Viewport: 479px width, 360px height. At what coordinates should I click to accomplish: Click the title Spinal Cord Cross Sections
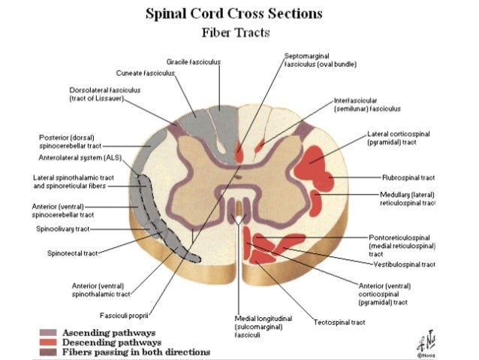point(239,14)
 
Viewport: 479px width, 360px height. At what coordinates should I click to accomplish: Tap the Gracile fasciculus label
point(194,60)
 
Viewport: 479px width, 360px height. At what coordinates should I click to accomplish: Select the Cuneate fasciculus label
point(145,73)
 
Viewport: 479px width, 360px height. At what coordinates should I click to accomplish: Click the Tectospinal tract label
point(339,322)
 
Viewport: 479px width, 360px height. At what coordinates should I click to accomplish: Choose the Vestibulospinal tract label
point(406,265)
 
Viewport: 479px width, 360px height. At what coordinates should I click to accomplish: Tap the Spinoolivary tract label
point(63,228)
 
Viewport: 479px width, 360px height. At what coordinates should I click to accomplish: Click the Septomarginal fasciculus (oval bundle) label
point(320,60)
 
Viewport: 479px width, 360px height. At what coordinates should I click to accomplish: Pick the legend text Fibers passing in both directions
point(135,352)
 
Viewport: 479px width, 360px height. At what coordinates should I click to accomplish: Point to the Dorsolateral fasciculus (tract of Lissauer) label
point(104,94)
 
